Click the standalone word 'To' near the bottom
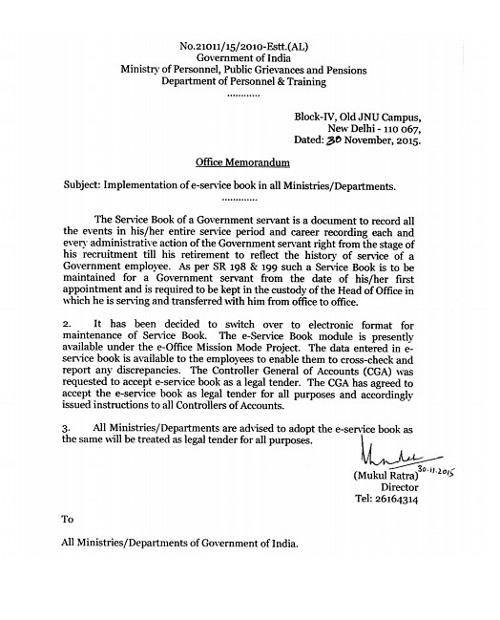click(x=68, y=573)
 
